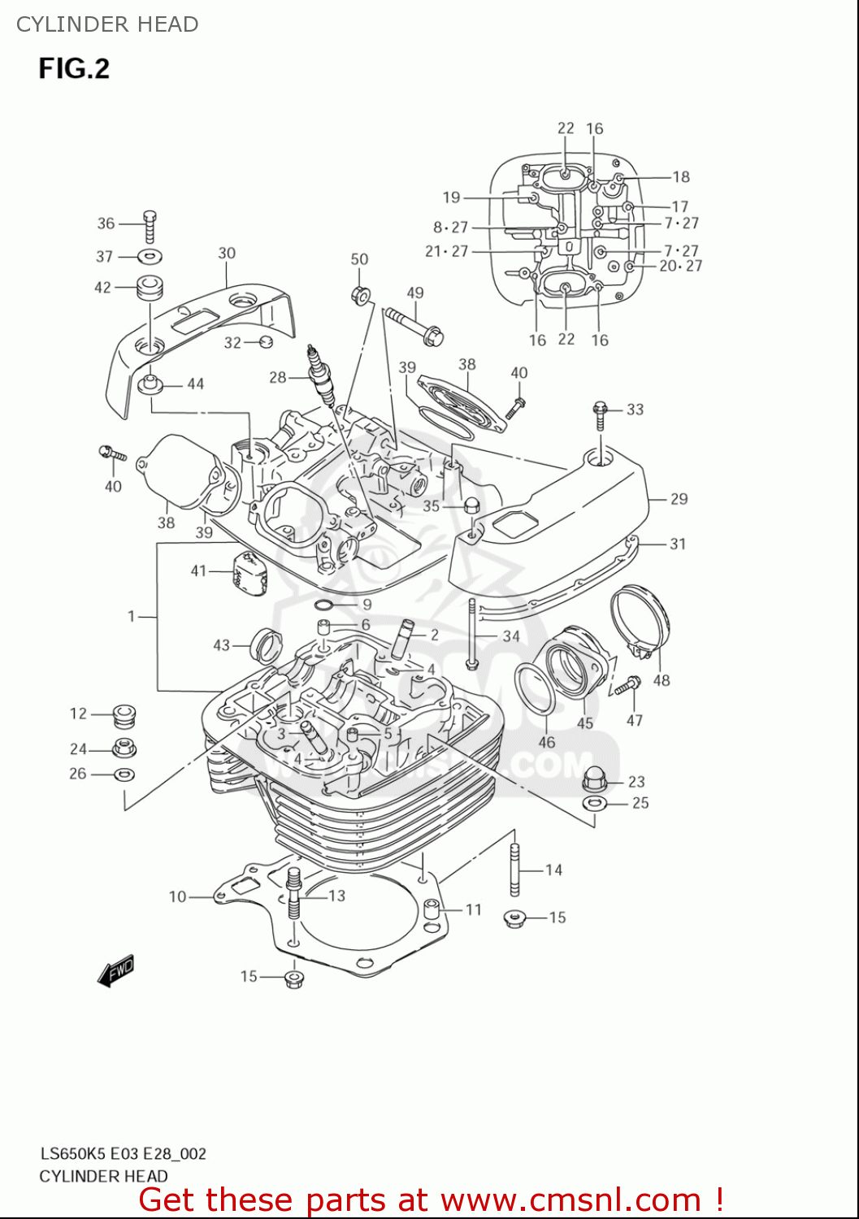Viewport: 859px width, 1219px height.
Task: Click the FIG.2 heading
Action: click(74, 68)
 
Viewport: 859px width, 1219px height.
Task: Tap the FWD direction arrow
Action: click(115, 971)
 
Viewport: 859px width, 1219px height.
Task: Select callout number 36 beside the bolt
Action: click(106, 223)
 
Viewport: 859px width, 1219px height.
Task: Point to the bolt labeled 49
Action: click(414, 324)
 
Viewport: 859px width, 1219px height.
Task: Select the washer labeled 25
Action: click(595, 804)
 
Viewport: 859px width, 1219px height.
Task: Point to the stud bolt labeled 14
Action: click(514, 869)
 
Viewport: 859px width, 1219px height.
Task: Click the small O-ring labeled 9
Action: click(323, 605)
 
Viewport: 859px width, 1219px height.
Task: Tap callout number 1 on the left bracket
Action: click(132, 617)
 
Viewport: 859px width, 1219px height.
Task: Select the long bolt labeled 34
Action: click(471, 635)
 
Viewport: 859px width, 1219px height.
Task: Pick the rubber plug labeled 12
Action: click(124, 715)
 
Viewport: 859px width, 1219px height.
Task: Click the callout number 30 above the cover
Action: click(227, 254)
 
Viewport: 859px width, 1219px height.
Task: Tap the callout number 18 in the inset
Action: click(681, 176)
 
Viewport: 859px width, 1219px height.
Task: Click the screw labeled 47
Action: click(627, 686)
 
